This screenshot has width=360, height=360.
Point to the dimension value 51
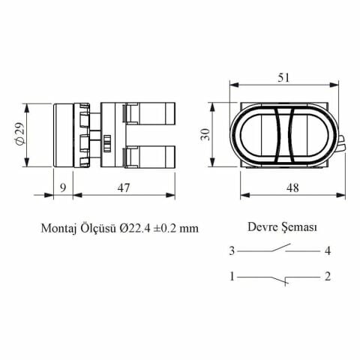(283, 76)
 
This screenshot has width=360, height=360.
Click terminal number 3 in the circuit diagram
(233, 250)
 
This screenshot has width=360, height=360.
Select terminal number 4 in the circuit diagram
(328, 250)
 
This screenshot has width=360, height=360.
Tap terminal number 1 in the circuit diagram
(233, 277)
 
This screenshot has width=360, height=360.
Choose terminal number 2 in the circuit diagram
(328, 277)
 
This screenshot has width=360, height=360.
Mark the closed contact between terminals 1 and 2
(281, 279)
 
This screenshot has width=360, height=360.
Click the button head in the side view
(63, 136)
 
